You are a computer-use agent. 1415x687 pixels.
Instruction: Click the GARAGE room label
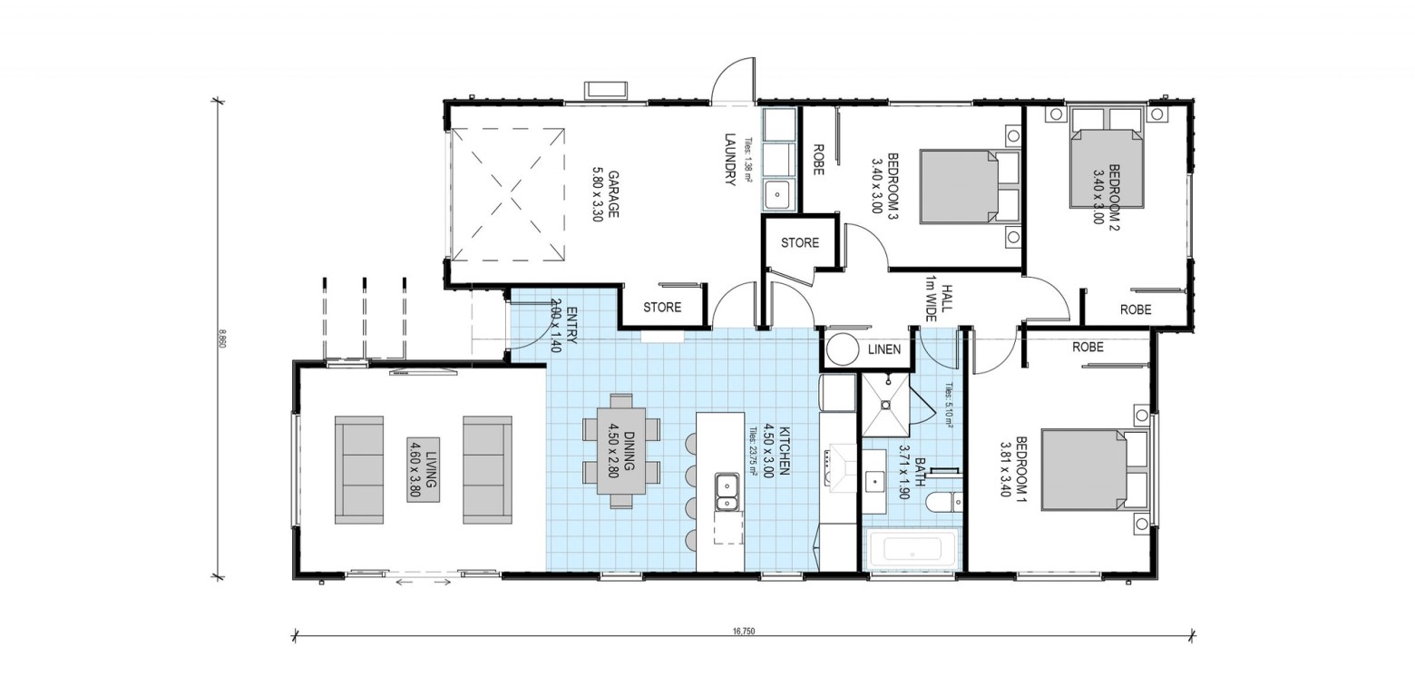click(604, 194)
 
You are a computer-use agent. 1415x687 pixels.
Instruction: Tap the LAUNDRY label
click(731, 159)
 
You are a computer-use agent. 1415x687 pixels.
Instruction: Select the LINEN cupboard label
click(884, 349)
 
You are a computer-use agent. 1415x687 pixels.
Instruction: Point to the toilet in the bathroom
click(943, 503)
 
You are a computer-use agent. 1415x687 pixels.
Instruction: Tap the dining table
click(621, 451)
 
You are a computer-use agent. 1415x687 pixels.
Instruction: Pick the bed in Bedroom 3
click(971, 186)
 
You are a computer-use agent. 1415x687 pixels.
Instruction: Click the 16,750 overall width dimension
click(744, 632)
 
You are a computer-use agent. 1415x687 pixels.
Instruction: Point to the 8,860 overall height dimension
click(222, 339)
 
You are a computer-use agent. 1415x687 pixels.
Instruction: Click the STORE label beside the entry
click(662, 308)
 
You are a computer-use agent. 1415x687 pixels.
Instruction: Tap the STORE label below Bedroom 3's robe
click(800, 242)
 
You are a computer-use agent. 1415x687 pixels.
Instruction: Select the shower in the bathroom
click(885, 405)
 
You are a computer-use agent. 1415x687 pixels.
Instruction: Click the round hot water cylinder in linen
click(842, 349)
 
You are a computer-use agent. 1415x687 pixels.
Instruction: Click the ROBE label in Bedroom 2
click(1136, 309)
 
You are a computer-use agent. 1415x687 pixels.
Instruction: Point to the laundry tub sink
click(778, 193)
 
